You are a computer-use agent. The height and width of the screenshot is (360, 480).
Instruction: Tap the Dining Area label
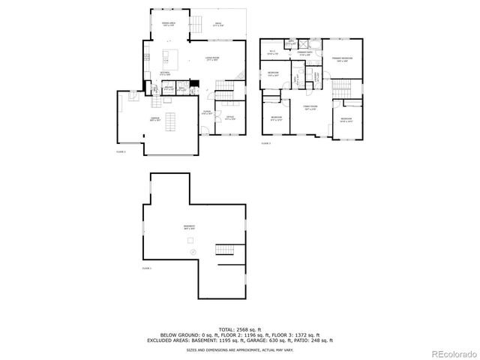click(169, 25)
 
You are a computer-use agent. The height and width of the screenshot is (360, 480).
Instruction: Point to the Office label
click(230, 118)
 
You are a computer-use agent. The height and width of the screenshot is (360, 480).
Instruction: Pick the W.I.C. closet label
click(274, 52)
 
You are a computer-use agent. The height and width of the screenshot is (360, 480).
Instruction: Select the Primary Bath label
click(305, 53)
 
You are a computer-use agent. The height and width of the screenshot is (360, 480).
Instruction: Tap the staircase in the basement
click(224, 249)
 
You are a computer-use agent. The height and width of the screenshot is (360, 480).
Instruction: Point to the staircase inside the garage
click(171, 120)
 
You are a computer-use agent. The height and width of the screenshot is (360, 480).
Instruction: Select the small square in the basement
click(190, 239)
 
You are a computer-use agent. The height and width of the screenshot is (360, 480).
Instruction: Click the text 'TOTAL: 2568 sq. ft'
click(239, 329)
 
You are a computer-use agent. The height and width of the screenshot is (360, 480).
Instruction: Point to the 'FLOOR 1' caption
click(147, 268)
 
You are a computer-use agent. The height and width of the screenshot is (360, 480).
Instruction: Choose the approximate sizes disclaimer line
click(239, 348)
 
